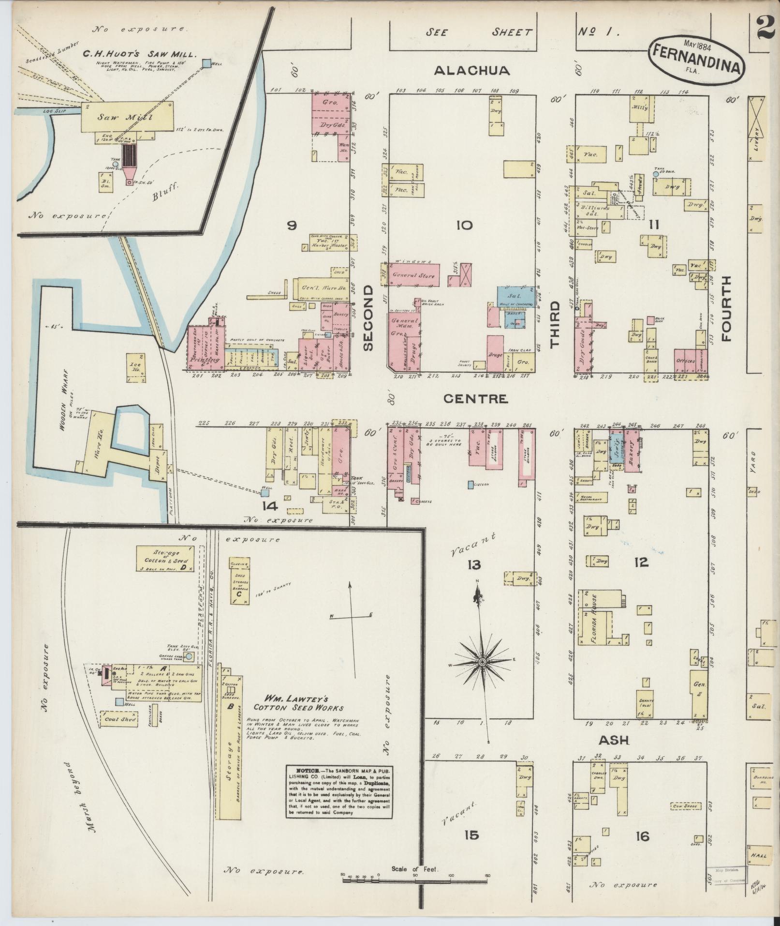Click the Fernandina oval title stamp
point(697,57)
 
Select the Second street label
point(368,318)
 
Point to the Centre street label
point(476,399)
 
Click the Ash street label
point(615,740)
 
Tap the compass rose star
point(482,662)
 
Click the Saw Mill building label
point(125,117)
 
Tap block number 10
point(466,225)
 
